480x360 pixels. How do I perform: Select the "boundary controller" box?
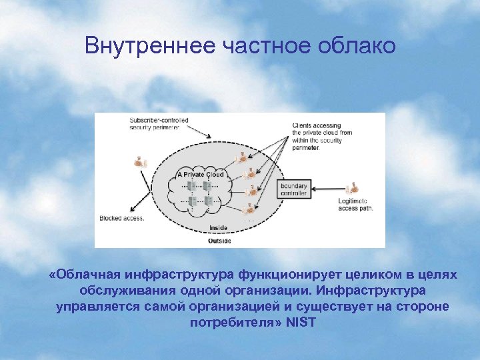point(293,189)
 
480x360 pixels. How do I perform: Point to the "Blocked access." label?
point(122,218)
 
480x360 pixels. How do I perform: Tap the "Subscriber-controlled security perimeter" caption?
point(159,123)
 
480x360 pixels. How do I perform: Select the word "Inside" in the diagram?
point(218,228)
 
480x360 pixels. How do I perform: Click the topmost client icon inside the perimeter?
point(238,159)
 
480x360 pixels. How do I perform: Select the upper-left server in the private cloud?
point(192,185)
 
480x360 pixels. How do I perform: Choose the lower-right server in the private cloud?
point(209,200)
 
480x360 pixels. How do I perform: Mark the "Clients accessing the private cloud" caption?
point(323,136)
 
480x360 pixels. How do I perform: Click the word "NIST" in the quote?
point(301,323)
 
